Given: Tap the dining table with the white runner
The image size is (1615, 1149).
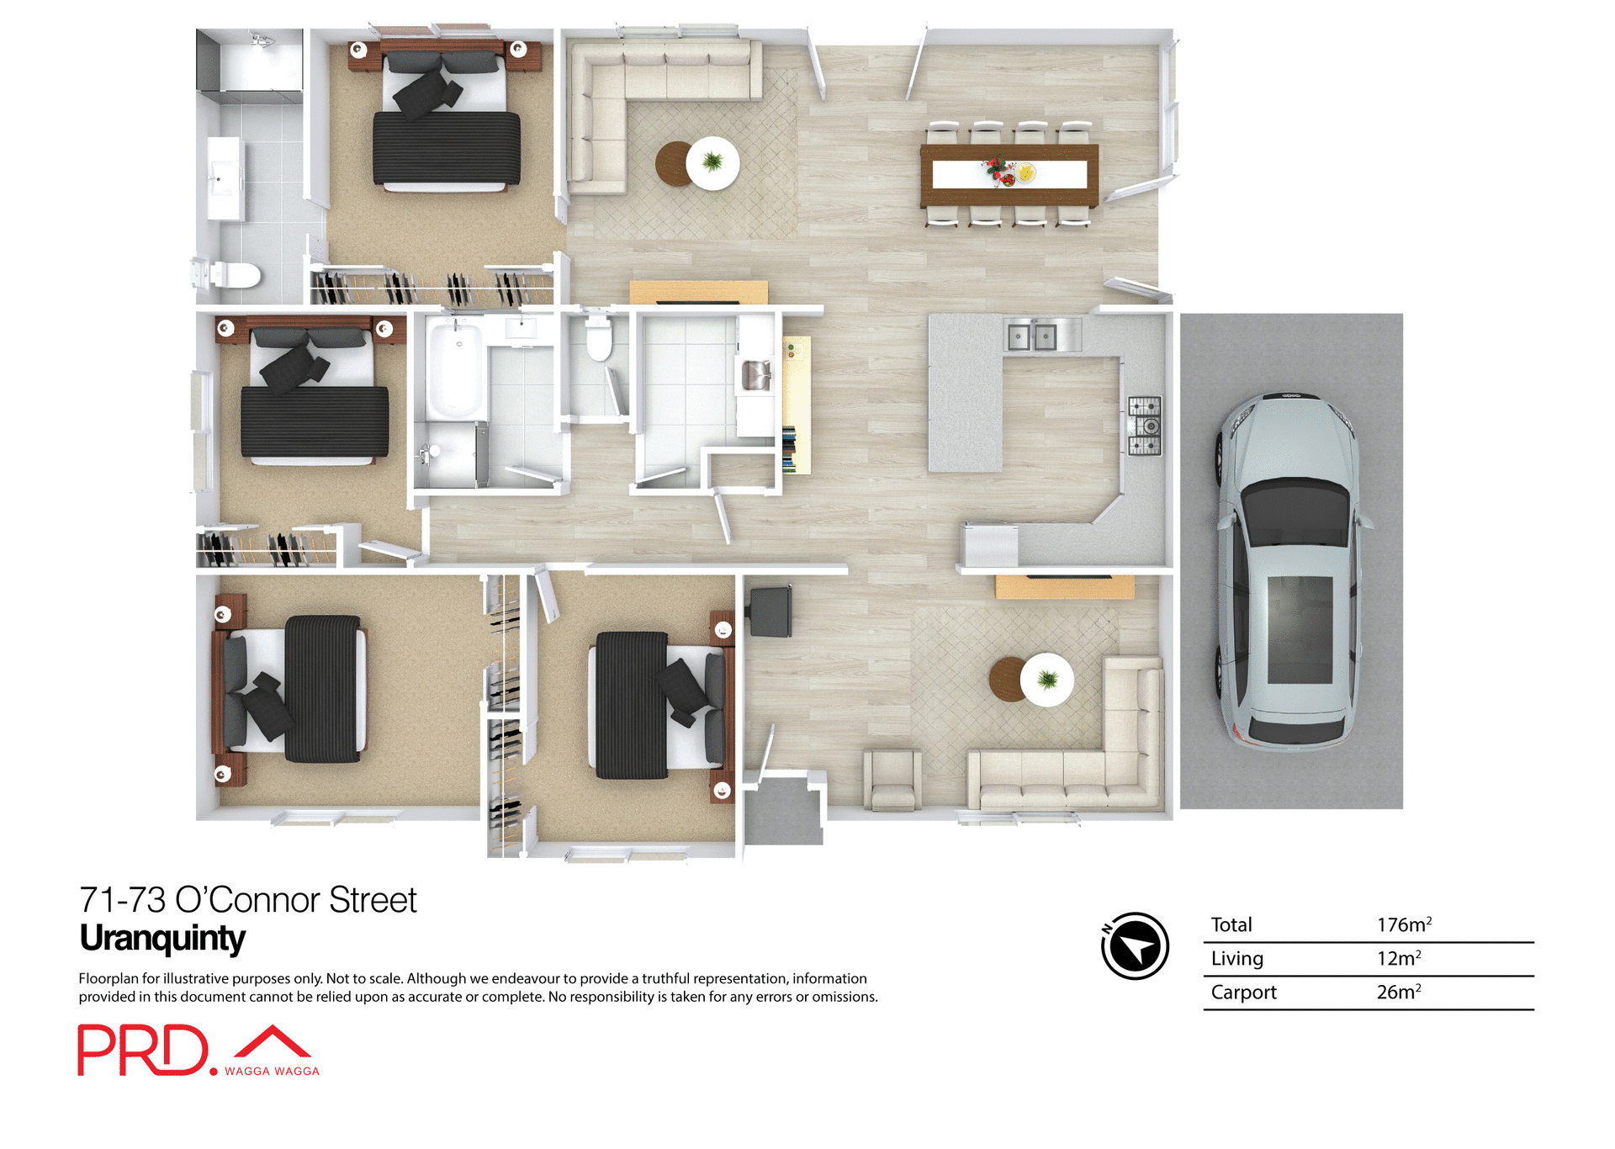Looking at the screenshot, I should [1009, 175].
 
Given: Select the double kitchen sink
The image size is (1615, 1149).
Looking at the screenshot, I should [1033, 337].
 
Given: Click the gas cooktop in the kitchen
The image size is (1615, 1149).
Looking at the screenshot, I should [1145, 426].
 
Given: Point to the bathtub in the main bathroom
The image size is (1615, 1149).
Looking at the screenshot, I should [455, 370].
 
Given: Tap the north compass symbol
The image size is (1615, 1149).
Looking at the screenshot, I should [1135, 946].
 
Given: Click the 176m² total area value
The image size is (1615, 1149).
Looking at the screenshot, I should [1403, 925].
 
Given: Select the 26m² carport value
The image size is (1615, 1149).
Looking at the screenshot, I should [1398, 993].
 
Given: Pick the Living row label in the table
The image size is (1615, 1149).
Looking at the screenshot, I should [1236, 959].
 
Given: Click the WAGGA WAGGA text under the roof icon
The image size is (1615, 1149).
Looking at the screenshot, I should [272, 1072].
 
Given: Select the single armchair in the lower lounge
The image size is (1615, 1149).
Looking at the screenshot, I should [892, 781].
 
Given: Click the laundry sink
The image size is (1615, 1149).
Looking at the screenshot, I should [755, 374].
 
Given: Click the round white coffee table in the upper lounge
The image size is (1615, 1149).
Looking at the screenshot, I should [712, 162].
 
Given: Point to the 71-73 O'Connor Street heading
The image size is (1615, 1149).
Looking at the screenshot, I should [247, 900].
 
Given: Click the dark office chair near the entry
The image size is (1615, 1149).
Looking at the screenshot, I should [770, 612].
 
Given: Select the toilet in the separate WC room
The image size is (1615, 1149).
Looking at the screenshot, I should [599, 340].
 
